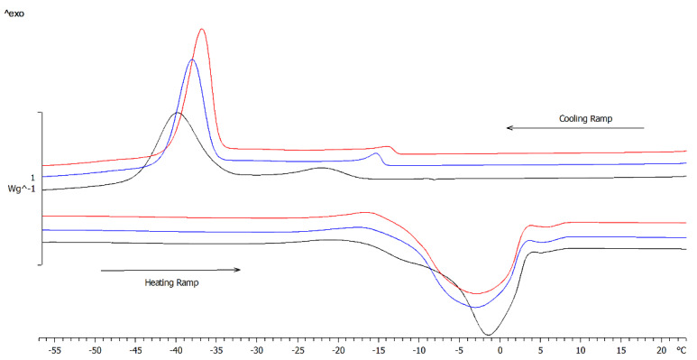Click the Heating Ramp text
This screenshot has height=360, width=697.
(171, 282)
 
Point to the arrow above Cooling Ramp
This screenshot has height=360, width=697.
(574, 128)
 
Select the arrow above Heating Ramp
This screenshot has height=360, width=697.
(170, 270)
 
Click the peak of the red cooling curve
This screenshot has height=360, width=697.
(201, 29)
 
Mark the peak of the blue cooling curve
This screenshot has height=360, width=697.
(191, 60)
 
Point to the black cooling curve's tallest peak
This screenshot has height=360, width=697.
(177, 114)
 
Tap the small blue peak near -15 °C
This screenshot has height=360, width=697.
(376, 153)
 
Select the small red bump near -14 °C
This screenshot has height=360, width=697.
(389, 146)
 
